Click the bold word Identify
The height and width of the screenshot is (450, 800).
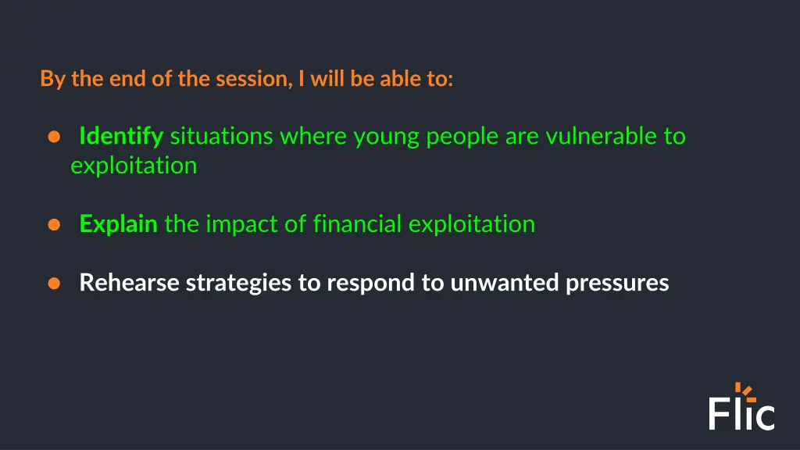121,137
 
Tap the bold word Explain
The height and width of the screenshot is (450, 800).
119,224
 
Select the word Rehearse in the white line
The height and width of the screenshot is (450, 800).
130,282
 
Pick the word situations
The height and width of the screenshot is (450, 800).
222,137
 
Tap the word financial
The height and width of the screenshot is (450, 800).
358,224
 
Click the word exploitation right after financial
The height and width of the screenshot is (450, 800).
472,224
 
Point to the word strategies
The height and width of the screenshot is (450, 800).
239,283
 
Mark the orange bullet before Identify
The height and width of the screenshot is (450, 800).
54,137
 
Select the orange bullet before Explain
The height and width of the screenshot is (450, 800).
54,224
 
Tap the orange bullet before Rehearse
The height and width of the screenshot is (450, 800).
54,283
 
